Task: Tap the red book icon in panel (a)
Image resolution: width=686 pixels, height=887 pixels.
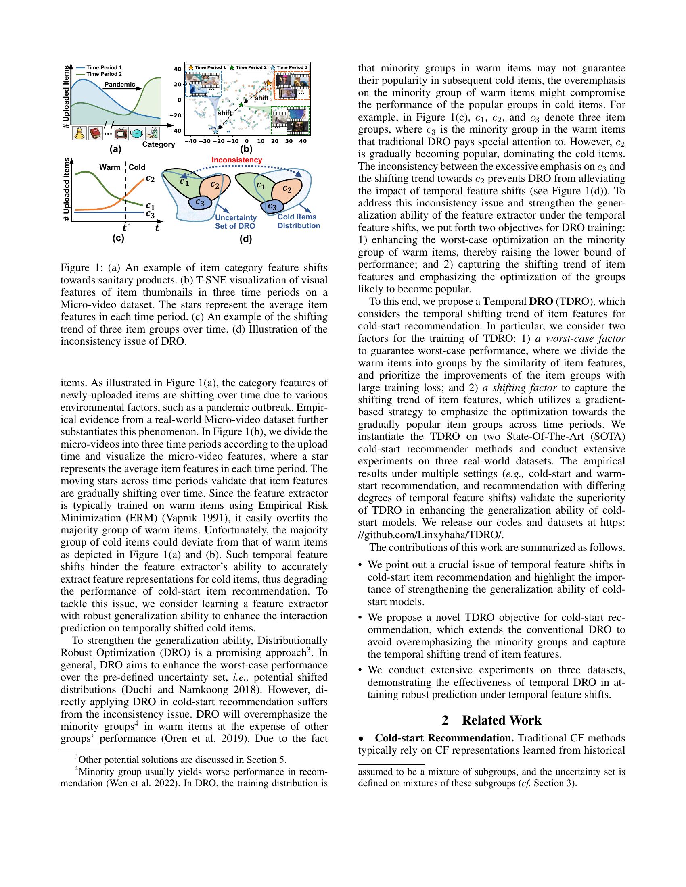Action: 96,133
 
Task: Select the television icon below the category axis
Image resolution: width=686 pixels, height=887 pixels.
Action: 121,133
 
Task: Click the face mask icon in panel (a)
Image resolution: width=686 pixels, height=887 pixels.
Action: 137,133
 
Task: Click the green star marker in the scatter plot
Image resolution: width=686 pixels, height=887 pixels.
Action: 241,105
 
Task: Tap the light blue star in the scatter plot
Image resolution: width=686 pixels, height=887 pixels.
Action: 215,131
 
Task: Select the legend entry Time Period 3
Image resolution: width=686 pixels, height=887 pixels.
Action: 292,67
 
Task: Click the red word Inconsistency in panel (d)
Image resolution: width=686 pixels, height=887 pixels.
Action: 236,160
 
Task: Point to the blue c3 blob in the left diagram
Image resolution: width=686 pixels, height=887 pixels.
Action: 200,202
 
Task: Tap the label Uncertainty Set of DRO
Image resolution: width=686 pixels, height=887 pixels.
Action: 235,222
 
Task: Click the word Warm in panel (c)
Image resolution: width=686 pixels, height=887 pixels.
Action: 110,167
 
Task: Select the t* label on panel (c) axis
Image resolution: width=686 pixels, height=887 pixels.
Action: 126,227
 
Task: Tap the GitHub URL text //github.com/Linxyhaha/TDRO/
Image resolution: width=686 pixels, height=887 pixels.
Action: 433,535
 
